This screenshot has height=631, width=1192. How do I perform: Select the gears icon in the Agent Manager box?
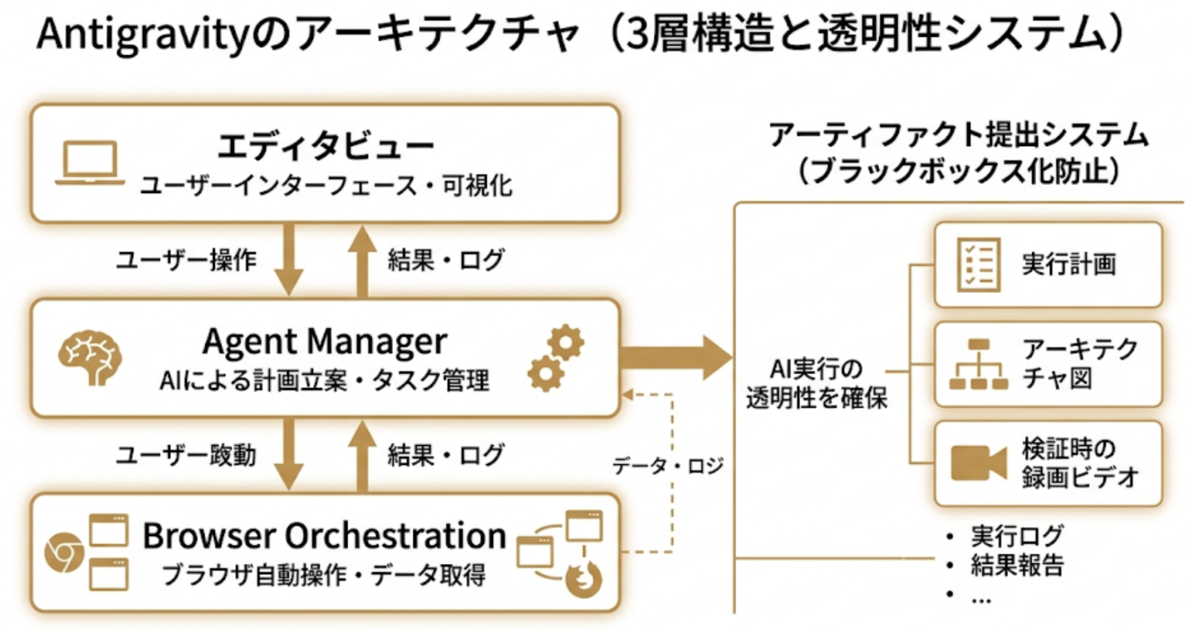[556, 357]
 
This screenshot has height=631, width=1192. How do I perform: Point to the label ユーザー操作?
[186, 259]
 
